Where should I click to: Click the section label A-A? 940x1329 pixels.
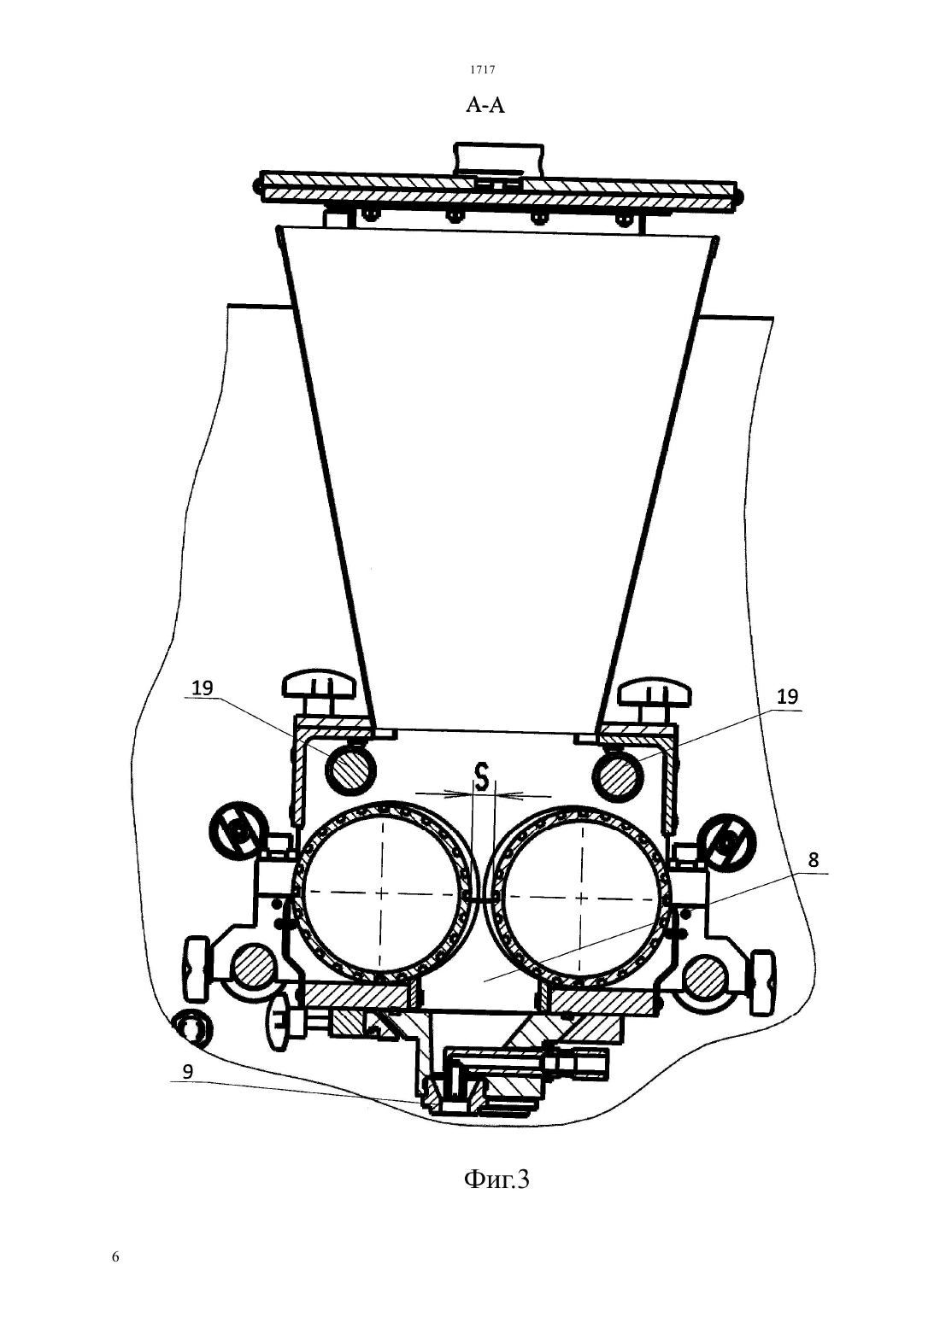point(485,106)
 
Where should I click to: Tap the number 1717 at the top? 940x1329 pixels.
point(483,69)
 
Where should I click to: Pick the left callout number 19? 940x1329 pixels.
point(202,688)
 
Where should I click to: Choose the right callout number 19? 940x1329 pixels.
point(788,697)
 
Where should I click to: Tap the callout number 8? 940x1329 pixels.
point(813,860)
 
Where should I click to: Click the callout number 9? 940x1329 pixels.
point(187,1072)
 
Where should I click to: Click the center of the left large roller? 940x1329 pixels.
point(382,893)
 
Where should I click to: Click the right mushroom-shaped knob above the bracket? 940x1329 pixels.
point(655,692)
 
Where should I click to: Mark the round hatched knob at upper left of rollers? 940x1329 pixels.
point(237,828)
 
